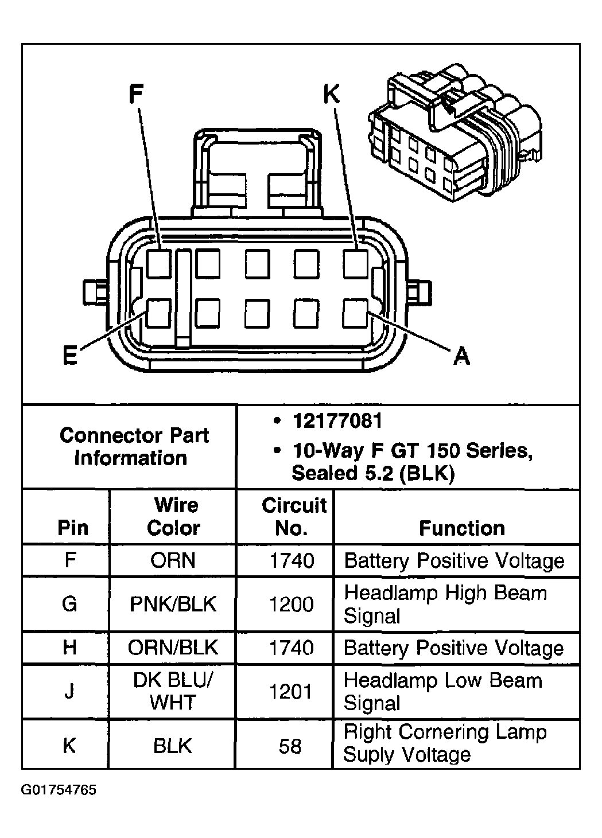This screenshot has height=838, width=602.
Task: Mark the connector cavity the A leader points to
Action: click(356, 313)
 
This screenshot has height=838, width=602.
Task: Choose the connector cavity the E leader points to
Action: click(158, 313)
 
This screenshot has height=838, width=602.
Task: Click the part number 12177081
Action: click(337, 421)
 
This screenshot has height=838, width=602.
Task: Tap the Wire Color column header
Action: click(173, 516)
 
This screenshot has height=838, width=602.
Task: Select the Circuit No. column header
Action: click(293, 516)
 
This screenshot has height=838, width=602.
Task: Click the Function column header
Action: click(461, 528)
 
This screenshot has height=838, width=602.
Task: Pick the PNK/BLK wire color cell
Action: click(173, 604)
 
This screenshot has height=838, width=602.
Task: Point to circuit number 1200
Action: click(292, 604)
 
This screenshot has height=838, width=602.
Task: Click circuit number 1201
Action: click(292, 691)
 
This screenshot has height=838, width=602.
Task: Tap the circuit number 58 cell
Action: click(290, 746)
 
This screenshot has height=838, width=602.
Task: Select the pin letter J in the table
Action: click(69, 691)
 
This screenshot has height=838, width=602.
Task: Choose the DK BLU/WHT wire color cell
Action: click(173, 691)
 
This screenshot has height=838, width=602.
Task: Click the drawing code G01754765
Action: click(59, 790)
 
